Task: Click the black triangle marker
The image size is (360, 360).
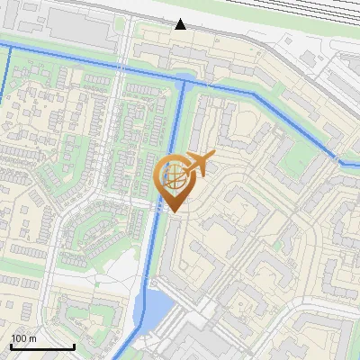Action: point(181,24)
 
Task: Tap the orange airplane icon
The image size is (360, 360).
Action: point(196,164)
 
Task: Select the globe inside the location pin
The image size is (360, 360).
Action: point(172,175)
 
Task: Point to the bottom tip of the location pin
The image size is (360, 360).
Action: point(172,212)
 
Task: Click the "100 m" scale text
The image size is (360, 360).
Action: point(23,338)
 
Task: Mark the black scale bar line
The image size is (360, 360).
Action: point(42,346)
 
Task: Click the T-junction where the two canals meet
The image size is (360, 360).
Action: point(184,81)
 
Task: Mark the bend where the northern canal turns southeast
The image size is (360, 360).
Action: point(256,93)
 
